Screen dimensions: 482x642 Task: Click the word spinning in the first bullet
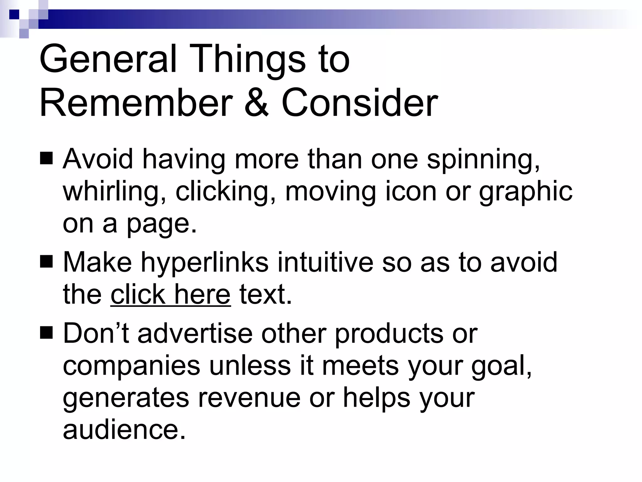(483, 159)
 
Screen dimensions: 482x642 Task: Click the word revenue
(249, 398)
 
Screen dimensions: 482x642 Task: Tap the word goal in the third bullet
(501, 366)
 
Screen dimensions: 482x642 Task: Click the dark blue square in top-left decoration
(14, 14)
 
